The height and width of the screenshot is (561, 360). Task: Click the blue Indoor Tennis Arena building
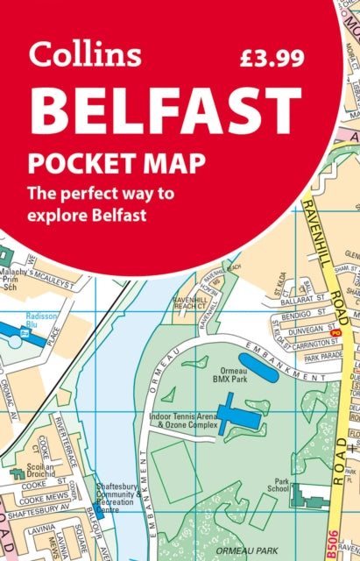coord(236,411)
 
